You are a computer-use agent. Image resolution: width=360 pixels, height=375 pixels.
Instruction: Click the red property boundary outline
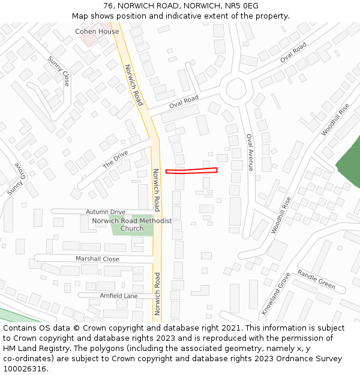pos(191,171)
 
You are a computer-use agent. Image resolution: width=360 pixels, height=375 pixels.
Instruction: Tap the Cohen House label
pos(97,31)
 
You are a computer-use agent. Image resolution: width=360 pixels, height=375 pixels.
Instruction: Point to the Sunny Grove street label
pos(13,179)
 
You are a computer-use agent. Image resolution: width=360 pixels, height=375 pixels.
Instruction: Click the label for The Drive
pos(115,160)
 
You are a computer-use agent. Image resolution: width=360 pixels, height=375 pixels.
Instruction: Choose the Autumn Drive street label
pos(105,212)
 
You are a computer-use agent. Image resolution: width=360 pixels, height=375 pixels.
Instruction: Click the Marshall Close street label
pos(97,259)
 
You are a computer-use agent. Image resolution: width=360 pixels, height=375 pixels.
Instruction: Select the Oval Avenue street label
pos(250,152)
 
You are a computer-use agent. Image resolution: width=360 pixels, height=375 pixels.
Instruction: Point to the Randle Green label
pos(316,278)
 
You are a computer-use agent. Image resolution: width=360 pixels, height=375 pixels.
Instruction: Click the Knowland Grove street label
pos(275,293)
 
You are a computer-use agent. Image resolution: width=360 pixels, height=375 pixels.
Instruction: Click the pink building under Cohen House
pos(89,40)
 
